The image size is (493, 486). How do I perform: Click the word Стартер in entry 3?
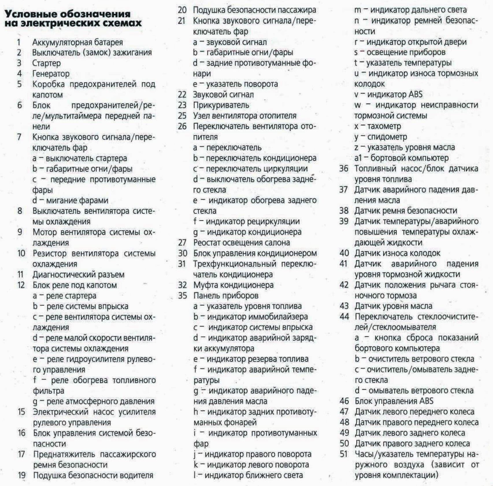46,63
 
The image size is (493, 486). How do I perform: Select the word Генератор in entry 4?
51,74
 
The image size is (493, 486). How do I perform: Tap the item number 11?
21,274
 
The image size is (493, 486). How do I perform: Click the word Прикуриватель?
221,105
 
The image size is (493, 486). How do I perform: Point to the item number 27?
182,243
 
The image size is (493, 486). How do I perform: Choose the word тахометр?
384,126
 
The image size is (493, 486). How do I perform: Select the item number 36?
344,169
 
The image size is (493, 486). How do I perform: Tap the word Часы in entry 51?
364,454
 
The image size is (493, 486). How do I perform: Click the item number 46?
344,401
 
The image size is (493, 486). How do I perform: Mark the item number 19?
22,475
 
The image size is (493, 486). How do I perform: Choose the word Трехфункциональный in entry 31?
235,264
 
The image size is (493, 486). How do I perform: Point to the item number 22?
182,95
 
